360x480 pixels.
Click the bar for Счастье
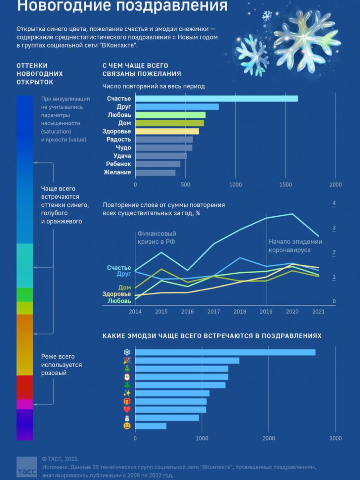[x=216, y=99]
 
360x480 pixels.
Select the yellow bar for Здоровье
[x=167, y=131]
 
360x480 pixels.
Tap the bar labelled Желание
[x=155, y=172]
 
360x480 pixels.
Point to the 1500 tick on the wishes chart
[x=286, y=184]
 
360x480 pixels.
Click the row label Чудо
[x=123, y=148]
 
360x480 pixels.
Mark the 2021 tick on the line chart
[x=318, y=312]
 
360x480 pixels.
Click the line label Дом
[x=124, y=287]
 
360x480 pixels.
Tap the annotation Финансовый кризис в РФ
[x=156, y=238]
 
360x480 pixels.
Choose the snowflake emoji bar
[x=225, y=352]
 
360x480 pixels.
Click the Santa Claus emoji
[x=127, y=377]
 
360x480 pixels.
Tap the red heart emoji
[x=127, y=410]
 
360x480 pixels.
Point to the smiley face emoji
[x=127, y=426]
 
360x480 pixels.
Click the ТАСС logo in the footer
[x=26, y=468]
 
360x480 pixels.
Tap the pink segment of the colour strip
[x=24, y=404]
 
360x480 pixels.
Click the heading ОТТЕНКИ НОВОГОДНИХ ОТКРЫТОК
[x=40, y=74]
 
